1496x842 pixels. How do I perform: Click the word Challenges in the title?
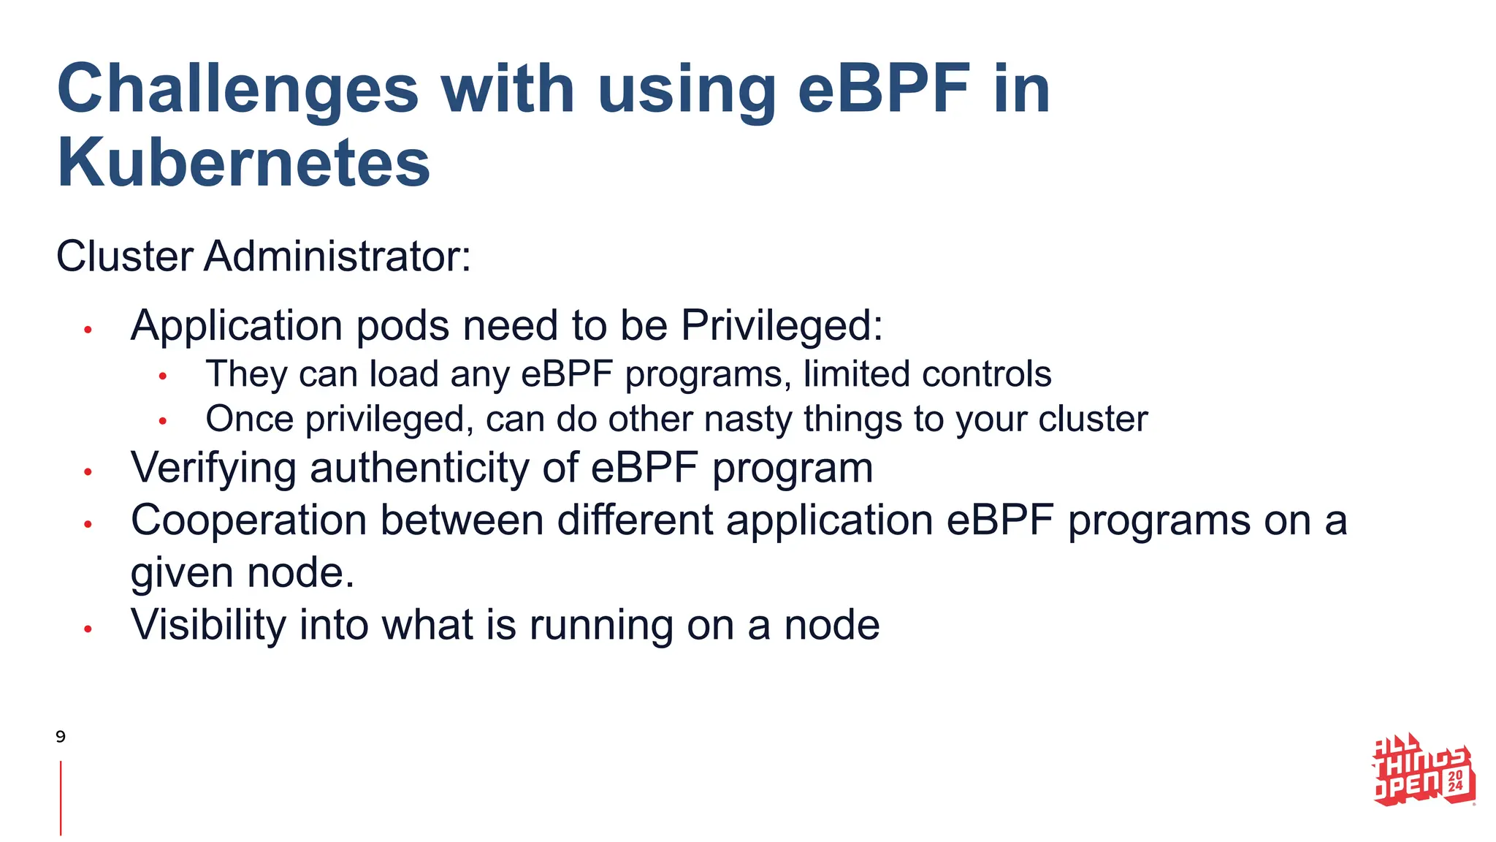pyautogui.click(x=237, y=89)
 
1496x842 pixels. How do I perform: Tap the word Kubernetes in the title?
pyautogui.click(x=243, y=163)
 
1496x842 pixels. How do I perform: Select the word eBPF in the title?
pyautogui.click(x=885, y=89)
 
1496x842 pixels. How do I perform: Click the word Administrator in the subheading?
pyautogui.click(x=337, y=257)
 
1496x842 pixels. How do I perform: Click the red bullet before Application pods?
pyautogui.click(x=88, y=330)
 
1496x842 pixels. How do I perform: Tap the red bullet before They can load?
pyautogui.click(x=163, y=377)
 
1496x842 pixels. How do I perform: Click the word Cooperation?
pyautogui.click(x=248, y=520)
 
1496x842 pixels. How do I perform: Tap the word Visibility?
pyautogui.click(x=208, y=626)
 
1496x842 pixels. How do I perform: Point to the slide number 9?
pyautogui.click(x=61, y=736)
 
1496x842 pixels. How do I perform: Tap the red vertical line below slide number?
pyautogui.click(x=61, y=797)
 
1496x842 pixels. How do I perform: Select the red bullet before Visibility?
pyautogui.click(x=88, y=629)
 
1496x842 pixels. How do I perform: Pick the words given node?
pyautogui.click(x=242, y=573)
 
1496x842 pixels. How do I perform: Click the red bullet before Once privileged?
pyautogui.click(x=163, y=422)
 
